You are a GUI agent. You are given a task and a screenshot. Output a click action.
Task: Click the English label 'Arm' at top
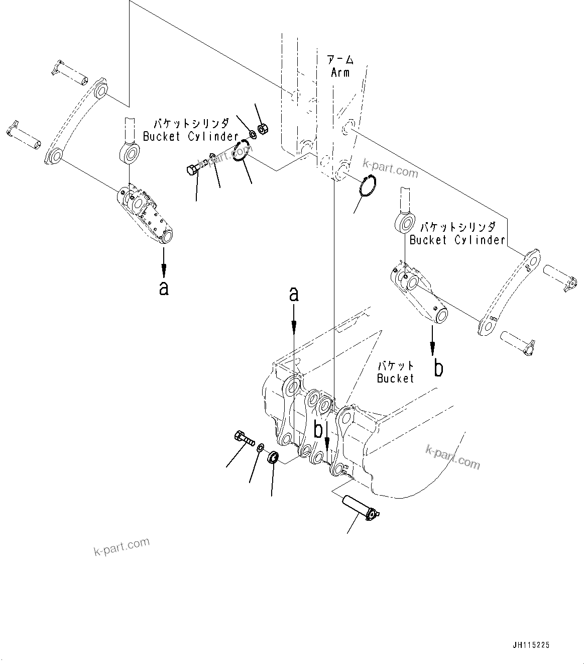[x=340, y=72]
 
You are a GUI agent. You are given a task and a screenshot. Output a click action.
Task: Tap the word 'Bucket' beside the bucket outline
[x=395, y=378]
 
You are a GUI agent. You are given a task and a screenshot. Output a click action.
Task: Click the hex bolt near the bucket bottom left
[x=244, y=439]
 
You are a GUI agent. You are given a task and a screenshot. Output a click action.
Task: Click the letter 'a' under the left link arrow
[x=163, y=288]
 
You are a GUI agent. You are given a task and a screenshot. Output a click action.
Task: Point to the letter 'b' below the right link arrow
[x=438, y=368]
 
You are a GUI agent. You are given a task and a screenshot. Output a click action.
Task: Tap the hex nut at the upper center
[x=262, y=129]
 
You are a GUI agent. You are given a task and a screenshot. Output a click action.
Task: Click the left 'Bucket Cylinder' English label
[x=190, y=136]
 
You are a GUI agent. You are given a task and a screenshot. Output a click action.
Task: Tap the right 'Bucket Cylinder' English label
[x=457, y=240]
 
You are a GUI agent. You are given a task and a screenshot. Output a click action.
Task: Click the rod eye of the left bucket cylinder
[x=130, y=152]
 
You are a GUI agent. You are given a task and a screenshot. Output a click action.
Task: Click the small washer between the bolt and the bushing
[x=261, y=448]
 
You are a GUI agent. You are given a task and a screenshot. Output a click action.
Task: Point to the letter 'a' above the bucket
[x=294, y=295]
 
